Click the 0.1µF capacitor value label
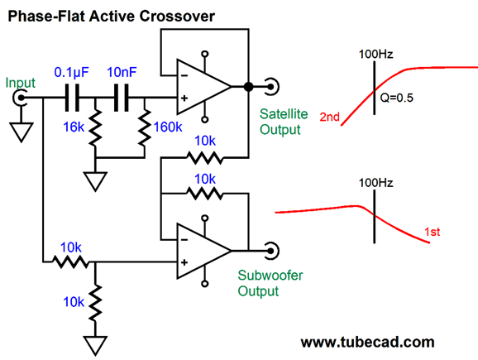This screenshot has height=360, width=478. tap(72, 73)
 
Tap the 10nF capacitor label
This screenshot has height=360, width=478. tap(122, 72)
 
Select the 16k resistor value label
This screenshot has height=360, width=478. tap(74, 127)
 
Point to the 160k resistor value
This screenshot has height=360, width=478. tap(168, 127)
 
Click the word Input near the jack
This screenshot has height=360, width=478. tap(21, 84)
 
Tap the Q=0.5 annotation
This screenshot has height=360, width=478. tap(397, 98)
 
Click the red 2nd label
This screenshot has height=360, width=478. tap(329, 117)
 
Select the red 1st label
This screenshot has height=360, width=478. tap(433, 233)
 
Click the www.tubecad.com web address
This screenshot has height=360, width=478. tap(368, 343)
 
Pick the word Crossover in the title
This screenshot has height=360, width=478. tap(177, 17)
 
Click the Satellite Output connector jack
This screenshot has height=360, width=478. tap(271, 87)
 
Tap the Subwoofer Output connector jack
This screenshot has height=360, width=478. tap(271, 251)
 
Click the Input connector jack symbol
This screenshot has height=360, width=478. tap(19, 98)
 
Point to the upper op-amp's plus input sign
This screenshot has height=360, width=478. tap(184, 98)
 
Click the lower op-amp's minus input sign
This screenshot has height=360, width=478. tap(184, 240)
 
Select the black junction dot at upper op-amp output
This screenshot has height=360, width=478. tap(248, 87)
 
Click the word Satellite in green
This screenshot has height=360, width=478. tap(284, 114)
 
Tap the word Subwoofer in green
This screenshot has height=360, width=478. tap(270, 276)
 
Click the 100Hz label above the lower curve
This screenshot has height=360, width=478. tap(376, 183)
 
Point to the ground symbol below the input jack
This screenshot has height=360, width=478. tap(22, 132)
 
